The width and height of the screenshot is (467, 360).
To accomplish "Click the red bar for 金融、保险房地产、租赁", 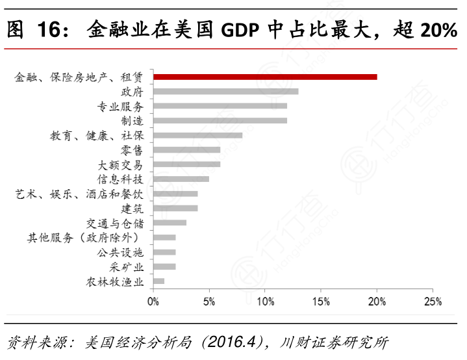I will click(x=265, y=77).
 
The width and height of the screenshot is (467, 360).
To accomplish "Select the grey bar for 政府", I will click(x=226, y=92).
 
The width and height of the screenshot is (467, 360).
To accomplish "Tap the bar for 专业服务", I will click(x=220, y=106).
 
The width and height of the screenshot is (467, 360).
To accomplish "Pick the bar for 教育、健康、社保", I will click(x=198, y=135).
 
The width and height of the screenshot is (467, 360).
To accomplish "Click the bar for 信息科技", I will click(x=181, y=179).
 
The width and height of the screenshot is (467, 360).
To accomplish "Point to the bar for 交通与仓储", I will click(x=170, y=223).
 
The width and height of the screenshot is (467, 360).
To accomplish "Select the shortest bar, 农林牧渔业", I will click(x=159, y=281).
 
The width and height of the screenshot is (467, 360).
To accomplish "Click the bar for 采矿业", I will click(x=164, y=266).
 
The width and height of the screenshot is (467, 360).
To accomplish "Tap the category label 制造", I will click(x=132, y=120).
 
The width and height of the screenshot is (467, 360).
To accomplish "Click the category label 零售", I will click(x=132, y=149).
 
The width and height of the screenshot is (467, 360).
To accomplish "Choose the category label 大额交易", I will click(x=121, y=164).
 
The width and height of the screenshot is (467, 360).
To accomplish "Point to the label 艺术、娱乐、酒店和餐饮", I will click(x=79, y=194).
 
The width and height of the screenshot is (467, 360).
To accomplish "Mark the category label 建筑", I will click(x=132, y=208).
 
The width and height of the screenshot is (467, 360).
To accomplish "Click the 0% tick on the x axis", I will click(x=153, y=302).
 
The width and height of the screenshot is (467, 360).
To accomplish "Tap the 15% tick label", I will click(x=321, y=302).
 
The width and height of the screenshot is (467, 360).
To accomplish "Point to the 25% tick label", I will click(x=433, y=302).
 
